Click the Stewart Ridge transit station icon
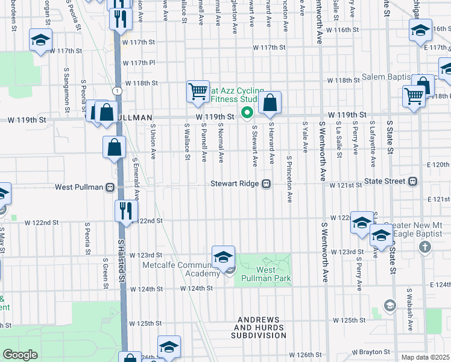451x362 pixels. coord(265,184)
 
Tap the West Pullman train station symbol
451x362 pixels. coord(110,187)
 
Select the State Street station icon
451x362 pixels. coord(413,181)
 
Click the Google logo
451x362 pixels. coord(20,355)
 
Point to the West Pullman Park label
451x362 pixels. coord(266,274)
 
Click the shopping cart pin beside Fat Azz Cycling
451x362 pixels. coord(198,92)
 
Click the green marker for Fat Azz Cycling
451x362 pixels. coord(246,112)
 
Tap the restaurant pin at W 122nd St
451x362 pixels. coord(126,211)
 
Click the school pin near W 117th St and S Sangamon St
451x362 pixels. coord(40,41)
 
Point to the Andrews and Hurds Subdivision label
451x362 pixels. coord(261,327)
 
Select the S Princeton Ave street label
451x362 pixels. coord(290,179)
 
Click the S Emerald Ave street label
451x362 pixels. coord(137,179)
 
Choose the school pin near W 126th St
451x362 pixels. coord(169,347)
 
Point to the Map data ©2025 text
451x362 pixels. coord(426,357)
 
